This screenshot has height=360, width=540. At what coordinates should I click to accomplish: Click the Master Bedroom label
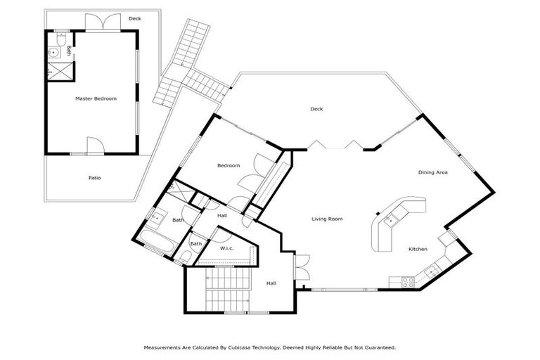(96, 99)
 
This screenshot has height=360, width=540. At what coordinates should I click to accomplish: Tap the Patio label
(94, 178)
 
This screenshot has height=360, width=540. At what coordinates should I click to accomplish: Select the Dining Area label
(433, 172)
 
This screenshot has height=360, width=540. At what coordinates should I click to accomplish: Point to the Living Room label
(327, 219)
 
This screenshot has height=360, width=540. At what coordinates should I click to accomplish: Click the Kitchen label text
(418, 250)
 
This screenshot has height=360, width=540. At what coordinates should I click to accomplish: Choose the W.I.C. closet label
(226, 248)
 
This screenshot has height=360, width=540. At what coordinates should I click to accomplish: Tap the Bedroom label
(229, 166)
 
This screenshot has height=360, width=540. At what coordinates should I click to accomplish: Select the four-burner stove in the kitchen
(407, 281)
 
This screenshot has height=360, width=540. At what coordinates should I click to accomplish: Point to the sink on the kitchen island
(391, 219)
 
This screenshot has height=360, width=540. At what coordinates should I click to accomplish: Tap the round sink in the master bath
(52, 52)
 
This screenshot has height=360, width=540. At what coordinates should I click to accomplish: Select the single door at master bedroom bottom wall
(96, 146)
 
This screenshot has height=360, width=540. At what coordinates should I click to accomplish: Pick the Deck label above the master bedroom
(134, 19)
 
